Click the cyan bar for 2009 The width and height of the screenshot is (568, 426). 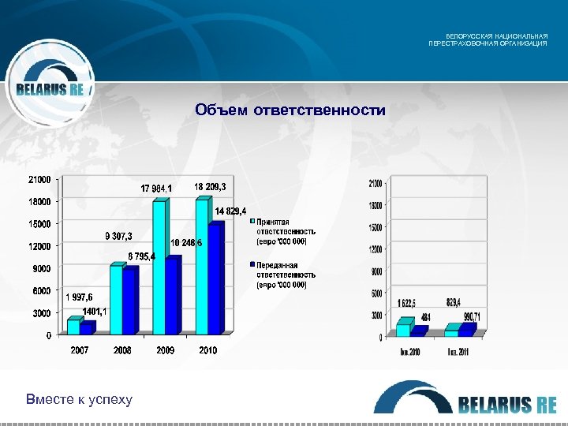click(159, 268)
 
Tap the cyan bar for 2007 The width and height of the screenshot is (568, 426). click(73, 327)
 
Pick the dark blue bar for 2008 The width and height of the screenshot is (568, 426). click(130, 301)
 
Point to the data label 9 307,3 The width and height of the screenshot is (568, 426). click(118, 236)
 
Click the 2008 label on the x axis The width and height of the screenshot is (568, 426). click(122, 349)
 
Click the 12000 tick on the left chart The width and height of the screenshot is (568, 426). click(39, 246)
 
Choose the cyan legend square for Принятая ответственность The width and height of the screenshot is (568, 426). click(252, 222)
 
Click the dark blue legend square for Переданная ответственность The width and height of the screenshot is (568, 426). click(252, 265)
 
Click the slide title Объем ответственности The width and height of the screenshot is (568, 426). click(290, 110)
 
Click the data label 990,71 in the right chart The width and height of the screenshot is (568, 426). click(471, 316)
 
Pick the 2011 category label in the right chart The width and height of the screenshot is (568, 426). click(458, 352)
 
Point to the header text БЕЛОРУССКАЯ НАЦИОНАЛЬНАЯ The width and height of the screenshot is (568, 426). click(497, 36)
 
